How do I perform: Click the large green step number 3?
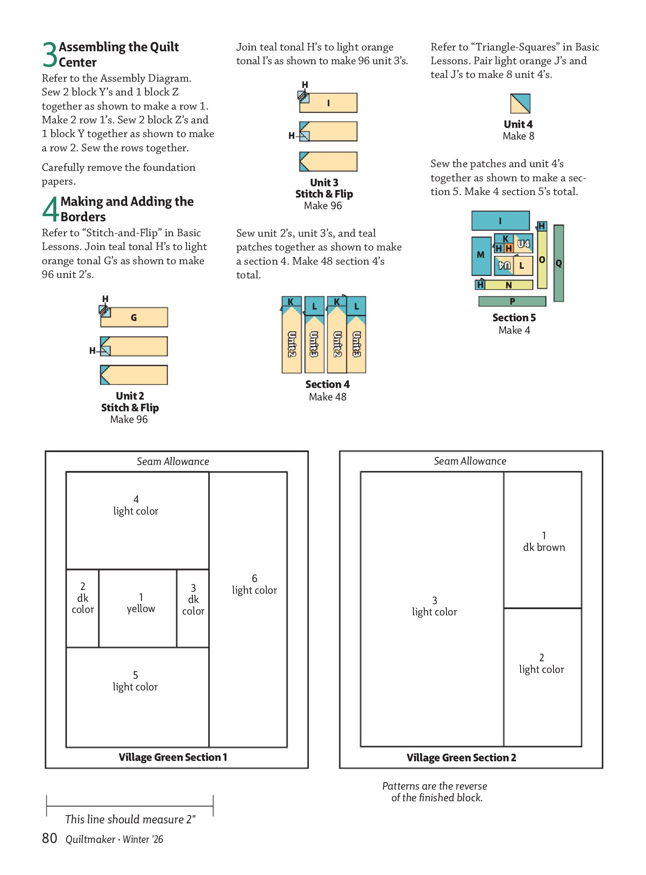(50, 55)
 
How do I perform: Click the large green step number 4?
(50, 209)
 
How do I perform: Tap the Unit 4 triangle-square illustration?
(520, 103)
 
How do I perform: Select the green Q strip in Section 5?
(558, 263)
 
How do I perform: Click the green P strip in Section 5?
(512, 301)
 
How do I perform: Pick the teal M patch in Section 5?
(481, 255)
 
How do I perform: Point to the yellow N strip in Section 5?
(508, 285)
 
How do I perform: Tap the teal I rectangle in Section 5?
(500, 220)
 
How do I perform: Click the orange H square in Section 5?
(508, 248)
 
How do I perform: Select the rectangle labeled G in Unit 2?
(134, 317)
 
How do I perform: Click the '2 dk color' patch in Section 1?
(83, 608)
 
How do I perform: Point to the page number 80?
(50, 838)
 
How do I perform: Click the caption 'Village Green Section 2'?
(461, 757)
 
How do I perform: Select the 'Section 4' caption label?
(327, 384)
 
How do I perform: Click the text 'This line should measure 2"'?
(130, 819)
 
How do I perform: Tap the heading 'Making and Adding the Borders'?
(127, 209)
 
